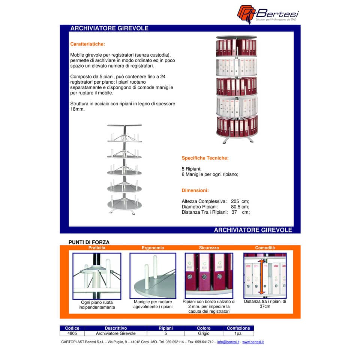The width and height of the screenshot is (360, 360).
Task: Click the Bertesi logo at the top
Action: [268, 14]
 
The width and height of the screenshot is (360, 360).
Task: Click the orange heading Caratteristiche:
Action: [87, 44]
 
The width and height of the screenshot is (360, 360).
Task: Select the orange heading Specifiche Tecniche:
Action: [205, 158]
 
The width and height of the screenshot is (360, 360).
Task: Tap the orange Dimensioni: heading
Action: [195, 190]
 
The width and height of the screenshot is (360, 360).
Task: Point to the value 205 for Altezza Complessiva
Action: [235, 201]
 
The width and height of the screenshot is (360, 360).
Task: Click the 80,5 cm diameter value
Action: [240, 207]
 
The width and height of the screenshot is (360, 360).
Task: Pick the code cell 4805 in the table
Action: [72, 333]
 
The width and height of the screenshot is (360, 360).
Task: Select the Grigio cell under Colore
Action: [204, 333]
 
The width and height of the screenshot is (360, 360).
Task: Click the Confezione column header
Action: [238, 328]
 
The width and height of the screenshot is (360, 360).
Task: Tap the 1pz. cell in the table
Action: [238, 333]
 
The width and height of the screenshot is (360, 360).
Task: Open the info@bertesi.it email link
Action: [228, 342]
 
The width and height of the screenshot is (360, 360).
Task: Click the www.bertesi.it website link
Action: [253, 342]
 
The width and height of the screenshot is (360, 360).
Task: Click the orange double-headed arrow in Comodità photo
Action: [261, 277]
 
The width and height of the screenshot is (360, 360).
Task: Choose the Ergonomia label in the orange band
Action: [153, 248]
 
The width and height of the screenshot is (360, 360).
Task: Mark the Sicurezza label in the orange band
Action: [209, 248]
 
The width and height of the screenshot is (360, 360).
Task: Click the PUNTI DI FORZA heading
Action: [89, 242]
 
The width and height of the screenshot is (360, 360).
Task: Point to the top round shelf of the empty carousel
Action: [124, 125]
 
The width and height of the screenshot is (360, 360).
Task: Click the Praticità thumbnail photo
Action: [97, 276]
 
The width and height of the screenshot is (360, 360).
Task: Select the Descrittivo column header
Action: [116, 328]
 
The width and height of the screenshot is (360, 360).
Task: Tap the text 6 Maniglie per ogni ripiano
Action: [210, 174]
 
